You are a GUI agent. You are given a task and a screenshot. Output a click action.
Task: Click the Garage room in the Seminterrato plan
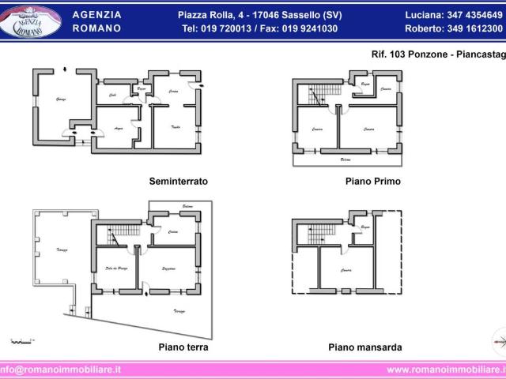click(59, 99)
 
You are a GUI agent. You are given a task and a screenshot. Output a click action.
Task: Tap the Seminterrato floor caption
click(178, 181)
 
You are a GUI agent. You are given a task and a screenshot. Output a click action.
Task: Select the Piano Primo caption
click(372, 181)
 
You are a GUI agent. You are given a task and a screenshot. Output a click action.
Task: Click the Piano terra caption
click(183, 347)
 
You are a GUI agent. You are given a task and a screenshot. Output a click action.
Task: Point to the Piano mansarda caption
click(364, 347)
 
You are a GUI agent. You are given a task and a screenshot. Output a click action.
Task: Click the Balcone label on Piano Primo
click(346, 159)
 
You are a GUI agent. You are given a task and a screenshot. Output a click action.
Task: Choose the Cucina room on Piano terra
click(172, 232)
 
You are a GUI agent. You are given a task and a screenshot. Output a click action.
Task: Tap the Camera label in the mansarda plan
click(346, 270)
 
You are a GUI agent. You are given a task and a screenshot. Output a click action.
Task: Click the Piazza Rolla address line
click(259, 15)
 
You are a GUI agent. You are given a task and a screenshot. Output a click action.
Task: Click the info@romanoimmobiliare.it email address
click(62, 369)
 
